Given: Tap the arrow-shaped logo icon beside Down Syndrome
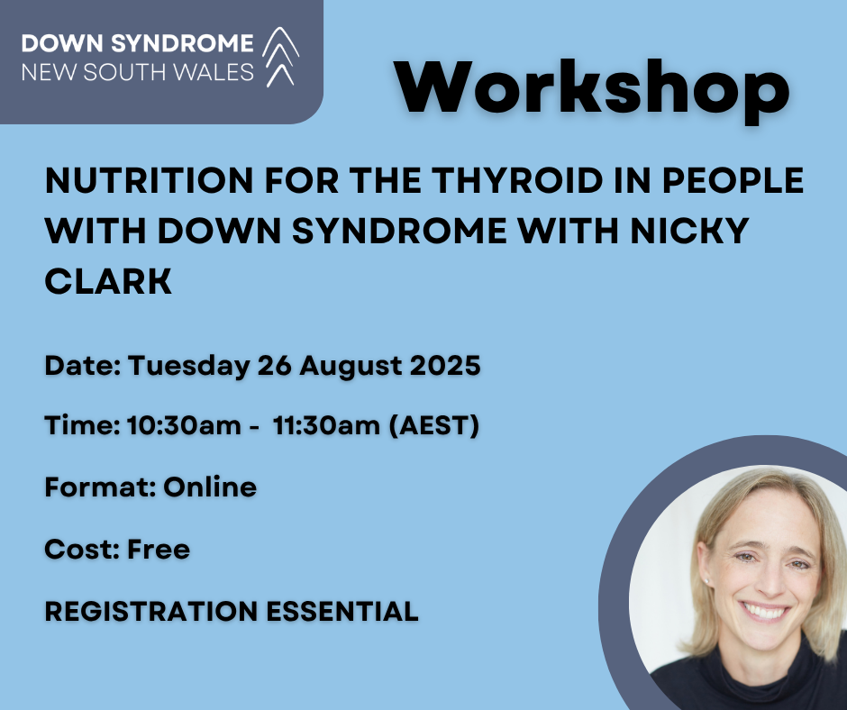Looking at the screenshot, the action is pos(281,56).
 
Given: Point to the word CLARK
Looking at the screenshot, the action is pos(108,281).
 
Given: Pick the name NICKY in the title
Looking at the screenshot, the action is pos(689,231).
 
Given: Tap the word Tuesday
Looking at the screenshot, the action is pos(189,367).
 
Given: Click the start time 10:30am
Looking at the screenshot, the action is pos(184,425).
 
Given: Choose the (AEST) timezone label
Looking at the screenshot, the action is pos(433,426).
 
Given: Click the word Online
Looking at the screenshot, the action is pos(210,487).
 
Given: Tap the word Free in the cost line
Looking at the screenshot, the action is pos(159,549).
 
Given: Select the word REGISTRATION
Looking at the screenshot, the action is pos(150,611).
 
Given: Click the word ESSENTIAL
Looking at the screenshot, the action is pos(342,611).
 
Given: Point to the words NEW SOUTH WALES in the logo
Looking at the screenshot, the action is pos(138,72).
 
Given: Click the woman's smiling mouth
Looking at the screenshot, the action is pos(765,611).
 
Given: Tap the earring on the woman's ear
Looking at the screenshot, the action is pos(707,581).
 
